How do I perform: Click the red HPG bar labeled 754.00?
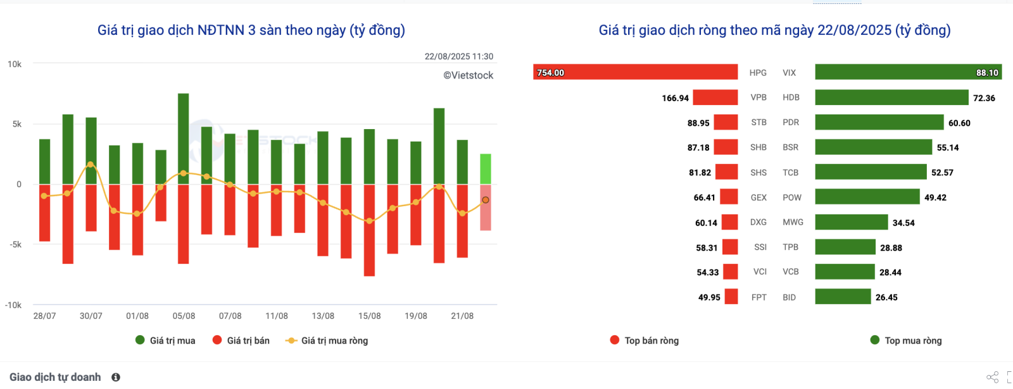coord(635,72)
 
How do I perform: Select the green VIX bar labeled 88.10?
coord(908,72)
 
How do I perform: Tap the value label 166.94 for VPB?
coord(675,98)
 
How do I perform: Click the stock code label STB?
coord(758,122)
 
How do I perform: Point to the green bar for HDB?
coord(891,97)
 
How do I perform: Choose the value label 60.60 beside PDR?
coord(959,123)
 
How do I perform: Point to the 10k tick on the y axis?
coord(15,64)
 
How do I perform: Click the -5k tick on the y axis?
coord(15,244)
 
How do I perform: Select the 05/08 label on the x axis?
coord(184,316)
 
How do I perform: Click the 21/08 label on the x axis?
coord(462,316)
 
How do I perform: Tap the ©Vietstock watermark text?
coord(468,75)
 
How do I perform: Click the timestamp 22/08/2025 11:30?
coord(458,56)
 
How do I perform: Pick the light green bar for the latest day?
coord(486,169)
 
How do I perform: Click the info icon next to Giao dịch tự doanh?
coord(116,377)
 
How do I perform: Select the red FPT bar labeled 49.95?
coord(731,297)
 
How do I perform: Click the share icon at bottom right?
coord(992,377)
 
